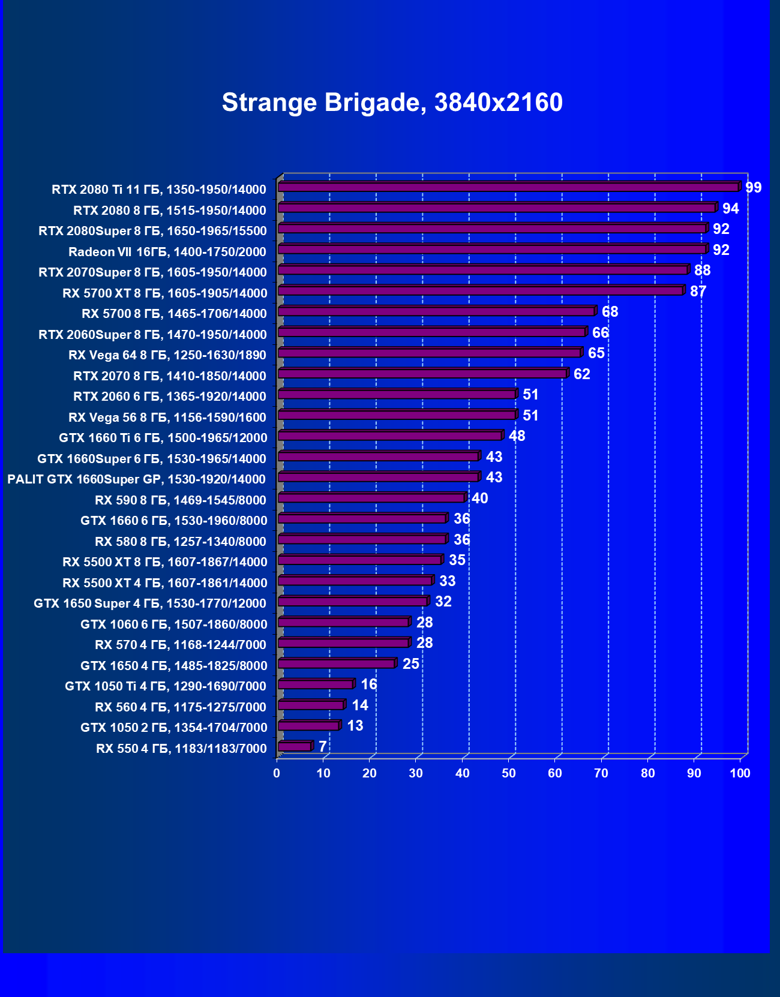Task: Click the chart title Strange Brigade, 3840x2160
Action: click(x=392, y=103)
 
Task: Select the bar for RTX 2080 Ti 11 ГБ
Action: click(x=508, y=187)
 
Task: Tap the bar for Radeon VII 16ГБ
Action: click(x=492, y=249)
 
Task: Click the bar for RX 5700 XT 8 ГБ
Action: click(x=480, y=291)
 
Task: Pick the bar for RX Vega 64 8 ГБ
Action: click(x=430, y=353)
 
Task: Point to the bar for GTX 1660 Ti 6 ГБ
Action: click(x=390, y=436)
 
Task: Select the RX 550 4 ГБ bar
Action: click(x=295, y=746)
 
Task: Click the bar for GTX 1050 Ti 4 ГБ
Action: click(x=316, y=684)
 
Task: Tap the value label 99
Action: click(x=753, y=188)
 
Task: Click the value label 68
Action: click(x=610, y=312)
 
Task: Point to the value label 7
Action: click(x=323, y=747)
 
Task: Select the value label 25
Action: click(x=411, y=664)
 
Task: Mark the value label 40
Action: click(x=480, y=498)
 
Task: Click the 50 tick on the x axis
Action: click(x=509, y=773)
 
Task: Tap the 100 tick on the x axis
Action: click(x=740, y=773)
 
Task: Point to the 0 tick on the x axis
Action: click(x=277, y=773)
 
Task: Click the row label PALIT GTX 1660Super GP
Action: click(x=137, y=479)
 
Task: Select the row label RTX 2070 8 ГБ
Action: click(x=170, y=376)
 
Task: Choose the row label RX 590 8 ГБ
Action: click(x=181, y=500)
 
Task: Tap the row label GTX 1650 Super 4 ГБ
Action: click(x=150, y=603)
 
